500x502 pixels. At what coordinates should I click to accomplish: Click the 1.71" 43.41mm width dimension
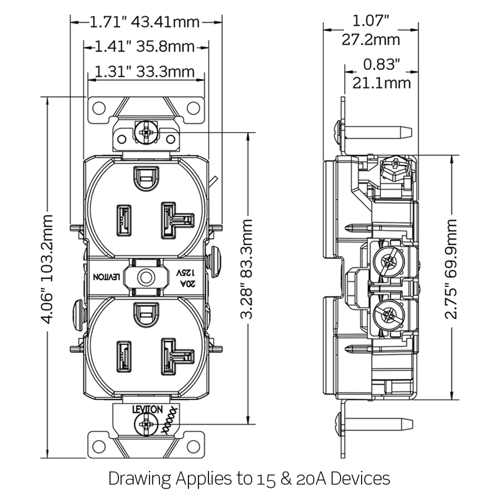pyautogui.click(x=145, y=22)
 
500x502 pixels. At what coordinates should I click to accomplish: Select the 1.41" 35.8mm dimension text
pyautogui.click(x=145, y=47)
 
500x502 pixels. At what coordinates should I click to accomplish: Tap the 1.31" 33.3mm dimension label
pyautogui.click(x=145, y=72)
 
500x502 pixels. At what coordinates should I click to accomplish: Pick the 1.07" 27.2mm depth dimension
pyautogui.click(x=370, y=30)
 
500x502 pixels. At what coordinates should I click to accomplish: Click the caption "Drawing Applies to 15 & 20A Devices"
pyautogui.click(x=249, y=478)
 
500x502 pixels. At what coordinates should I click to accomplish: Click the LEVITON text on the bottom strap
pyautogui.click(x=147, y=409)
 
